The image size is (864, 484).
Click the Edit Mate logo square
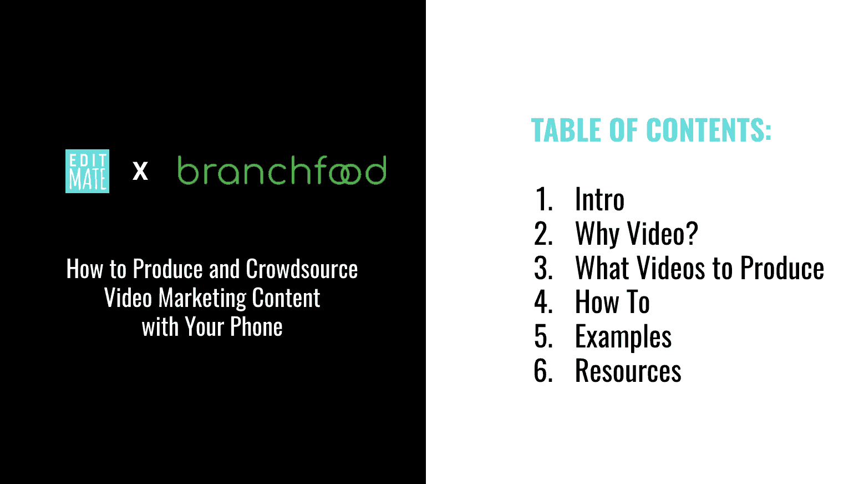pyautogui.click(x=87, y=171)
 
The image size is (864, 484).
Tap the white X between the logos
pyautogui.click(x=140, y=171)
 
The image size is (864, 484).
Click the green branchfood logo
pyautogui.click(x=282, y=170)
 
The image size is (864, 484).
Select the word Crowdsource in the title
pyautogui.click(x=302, y=269)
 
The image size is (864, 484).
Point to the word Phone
pyautogui.click(x=257, y=327)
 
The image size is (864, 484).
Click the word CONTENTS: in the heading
pyautogui.click(x=709, y=130)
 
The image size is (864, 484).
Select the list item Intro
pyautogui.click(x=599, y=199)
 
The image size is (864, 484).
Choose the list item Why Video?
pyautogui.click(x=637, y=234)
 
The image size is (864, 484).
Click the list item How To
pyautogui.click(x=612, y=302)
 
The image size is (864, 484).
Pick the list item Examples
pyautogui.click(x=623, y=337)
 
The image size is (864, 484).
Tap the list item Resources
pyautogui.click(x=628, y=371)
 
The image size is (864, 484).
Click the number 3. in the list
pyautogui.click(x=543, y=268)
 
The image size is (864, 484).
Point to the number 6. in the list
pyautogui.click(x=543, y=371)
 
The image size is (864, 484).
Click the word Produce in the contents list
pyautogui.click(x=782, y=268)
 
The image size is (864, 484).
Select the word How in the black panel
pyautogui.click(x=85, y=269)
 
